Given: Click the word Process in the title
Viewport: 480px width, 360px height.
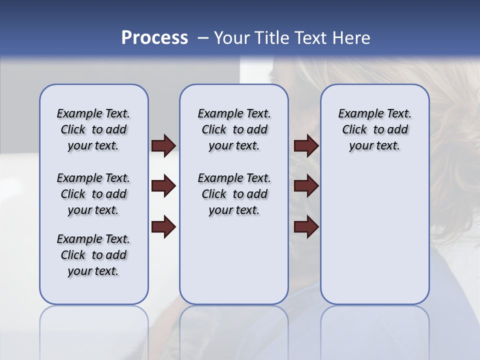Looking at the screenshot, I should pos(154,37).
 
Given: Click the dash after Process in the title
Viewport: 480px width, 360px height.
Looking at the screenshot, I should pos(203,38).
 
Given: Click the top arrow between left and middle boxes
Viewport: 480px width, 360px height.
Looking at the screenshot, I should pos(163,145).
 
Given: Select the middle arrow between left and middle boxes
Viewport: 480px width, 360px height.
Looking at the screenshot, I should pos(163,186).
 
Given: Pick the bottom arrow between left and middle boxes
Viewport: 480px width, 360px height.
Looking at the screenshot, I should pos(163,227).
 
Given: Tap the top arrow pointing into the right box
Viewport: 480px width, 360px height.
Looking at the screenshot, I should pos(306,145).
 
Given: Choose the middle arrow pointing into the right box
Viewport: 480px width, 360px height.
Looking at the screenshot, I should pos(306,186).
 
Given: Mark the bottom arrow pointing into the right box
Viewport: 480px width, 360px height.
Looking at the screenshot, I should pos(306,227).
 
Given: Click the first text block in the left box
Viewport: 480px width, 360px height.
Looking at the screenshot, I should pos(93,129).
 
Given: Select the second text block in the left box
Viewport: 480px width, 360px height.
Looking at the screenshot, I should pos(93,194).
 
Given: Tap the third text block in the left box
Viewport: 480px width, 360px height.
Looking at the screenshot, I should pos(93,255).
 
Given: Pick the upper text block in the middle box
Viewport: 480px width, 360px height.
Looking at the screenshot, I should pos(234,129).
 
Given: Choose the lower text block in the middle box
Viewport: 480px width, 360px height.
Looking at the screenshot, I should pos(234,194).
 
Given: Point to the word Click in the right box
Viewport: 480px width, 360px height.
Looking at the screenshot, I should pos(354,130).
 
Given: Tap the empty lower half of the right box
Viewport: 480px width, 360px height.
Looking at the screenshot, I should pos(374,240).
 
